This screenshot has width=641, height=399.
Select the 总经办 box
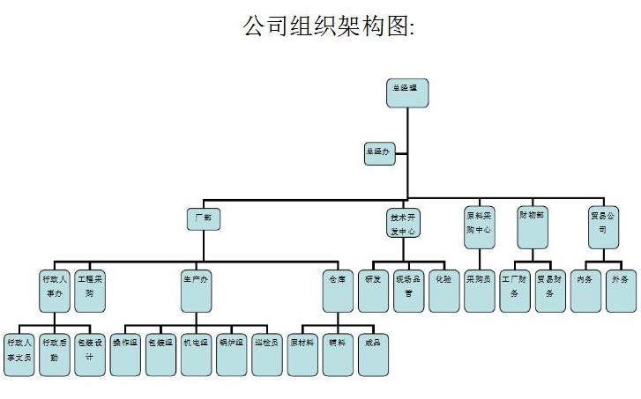pos(381,153)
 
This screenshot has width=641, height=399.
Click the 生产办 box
pos(197,287)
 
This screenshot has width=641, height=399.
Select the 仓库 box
pos(339,287)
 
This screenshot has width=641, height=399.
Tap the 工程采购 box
pos(90,287)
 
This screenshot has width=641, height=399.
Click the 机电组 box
pos(196,351)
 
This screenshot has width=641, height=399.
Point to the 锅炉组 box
pos(231,351)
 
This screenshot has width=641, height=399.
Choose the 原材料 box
pos(302,351)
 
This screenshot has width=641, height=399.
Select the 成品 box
pos(373,351)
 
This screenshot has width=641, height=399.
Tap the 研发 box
pos(373,287)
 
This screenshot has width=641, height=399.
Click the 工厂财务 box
pos(514,287)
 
